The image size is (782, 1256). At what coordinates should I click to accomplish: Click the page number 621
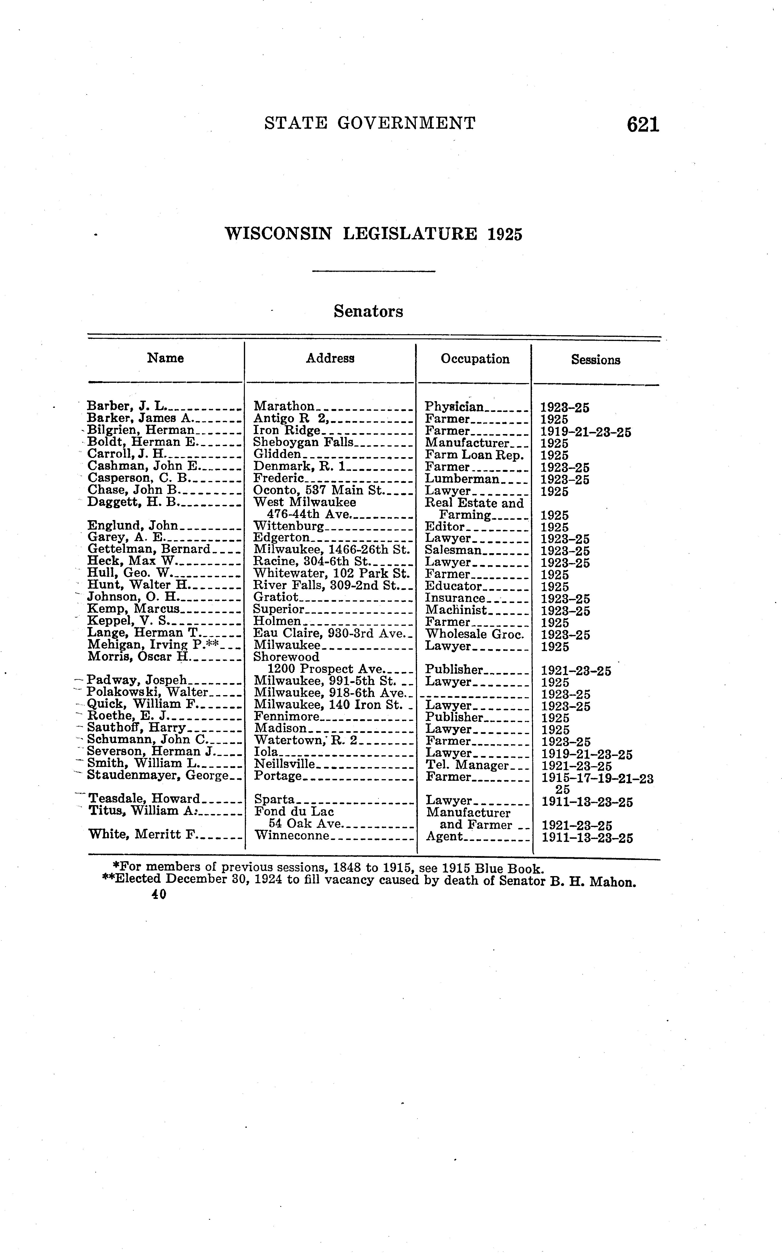click(643, 125)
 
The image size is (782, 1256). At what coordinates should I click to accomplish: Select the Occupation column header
click(475, 359)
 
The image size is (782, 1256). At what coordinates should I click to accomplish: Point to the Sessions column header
click(595, 360)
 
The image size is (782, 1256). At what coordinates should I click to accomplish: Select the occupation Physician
click(454, 407)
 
